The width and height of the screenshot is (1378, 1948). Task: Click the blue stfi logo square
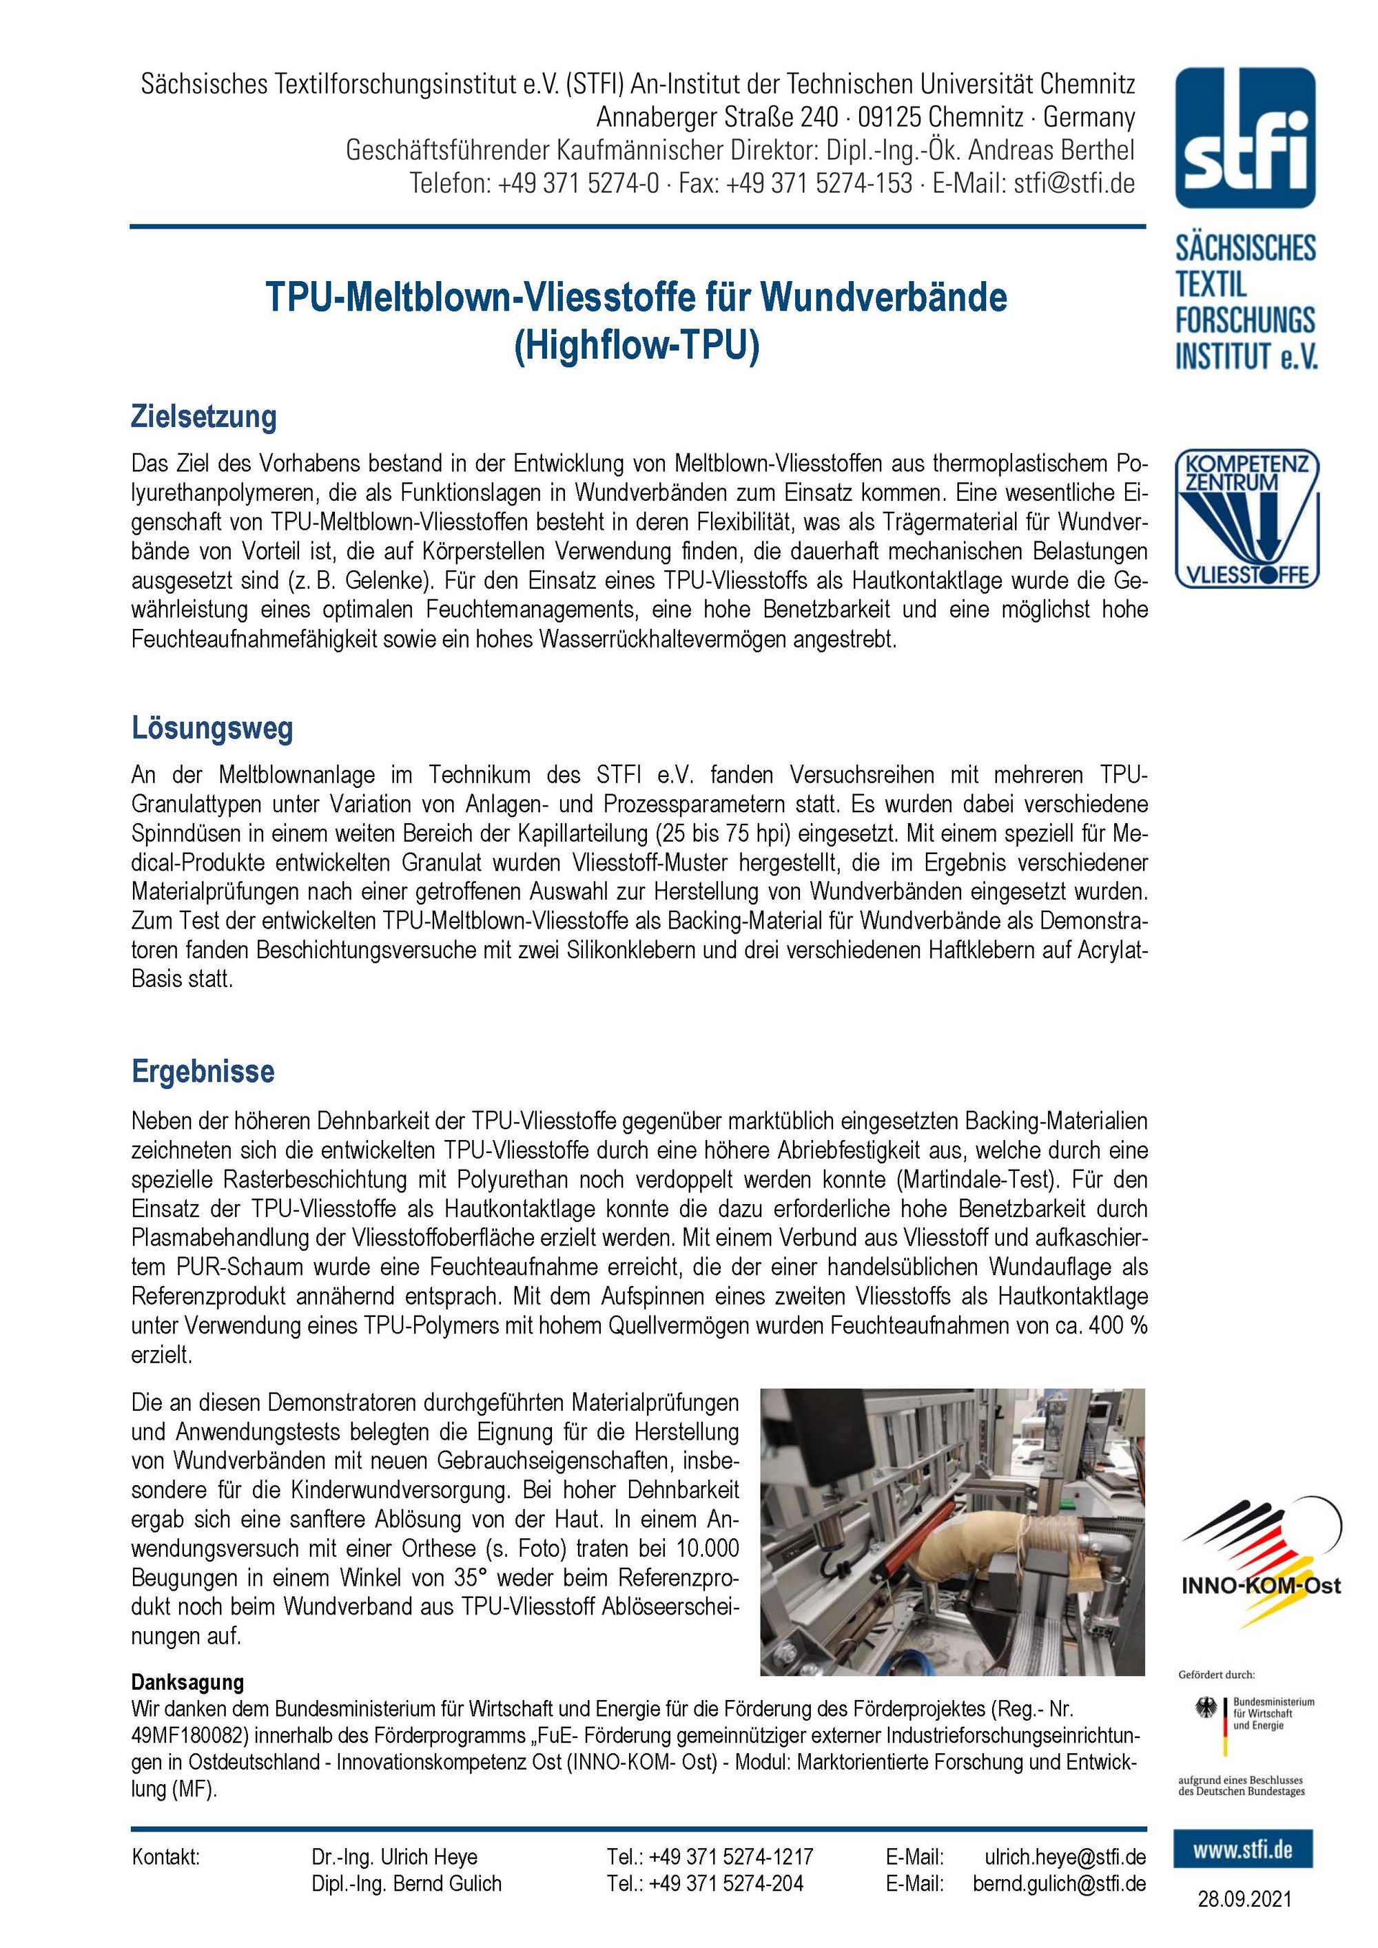point(1245,138)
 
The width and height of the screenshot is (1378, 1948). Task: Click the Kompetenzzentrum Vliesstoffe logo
point(1246,519)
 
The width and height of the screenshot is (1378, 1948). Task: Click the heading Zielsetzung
point(204,417)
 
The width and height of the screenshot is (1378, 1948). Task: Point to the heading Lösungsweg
point(212,728)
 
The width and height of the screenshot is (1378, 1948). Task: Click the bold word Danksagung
point(187,1681)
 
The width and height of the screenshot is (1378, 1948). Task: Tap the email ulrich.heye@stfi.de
point(1065,1856)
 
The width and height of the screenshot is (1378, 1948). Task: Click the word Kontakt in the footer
point(165,1856)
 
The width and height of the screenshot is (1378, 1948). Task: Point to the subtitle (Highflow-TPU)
point(637,346)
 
